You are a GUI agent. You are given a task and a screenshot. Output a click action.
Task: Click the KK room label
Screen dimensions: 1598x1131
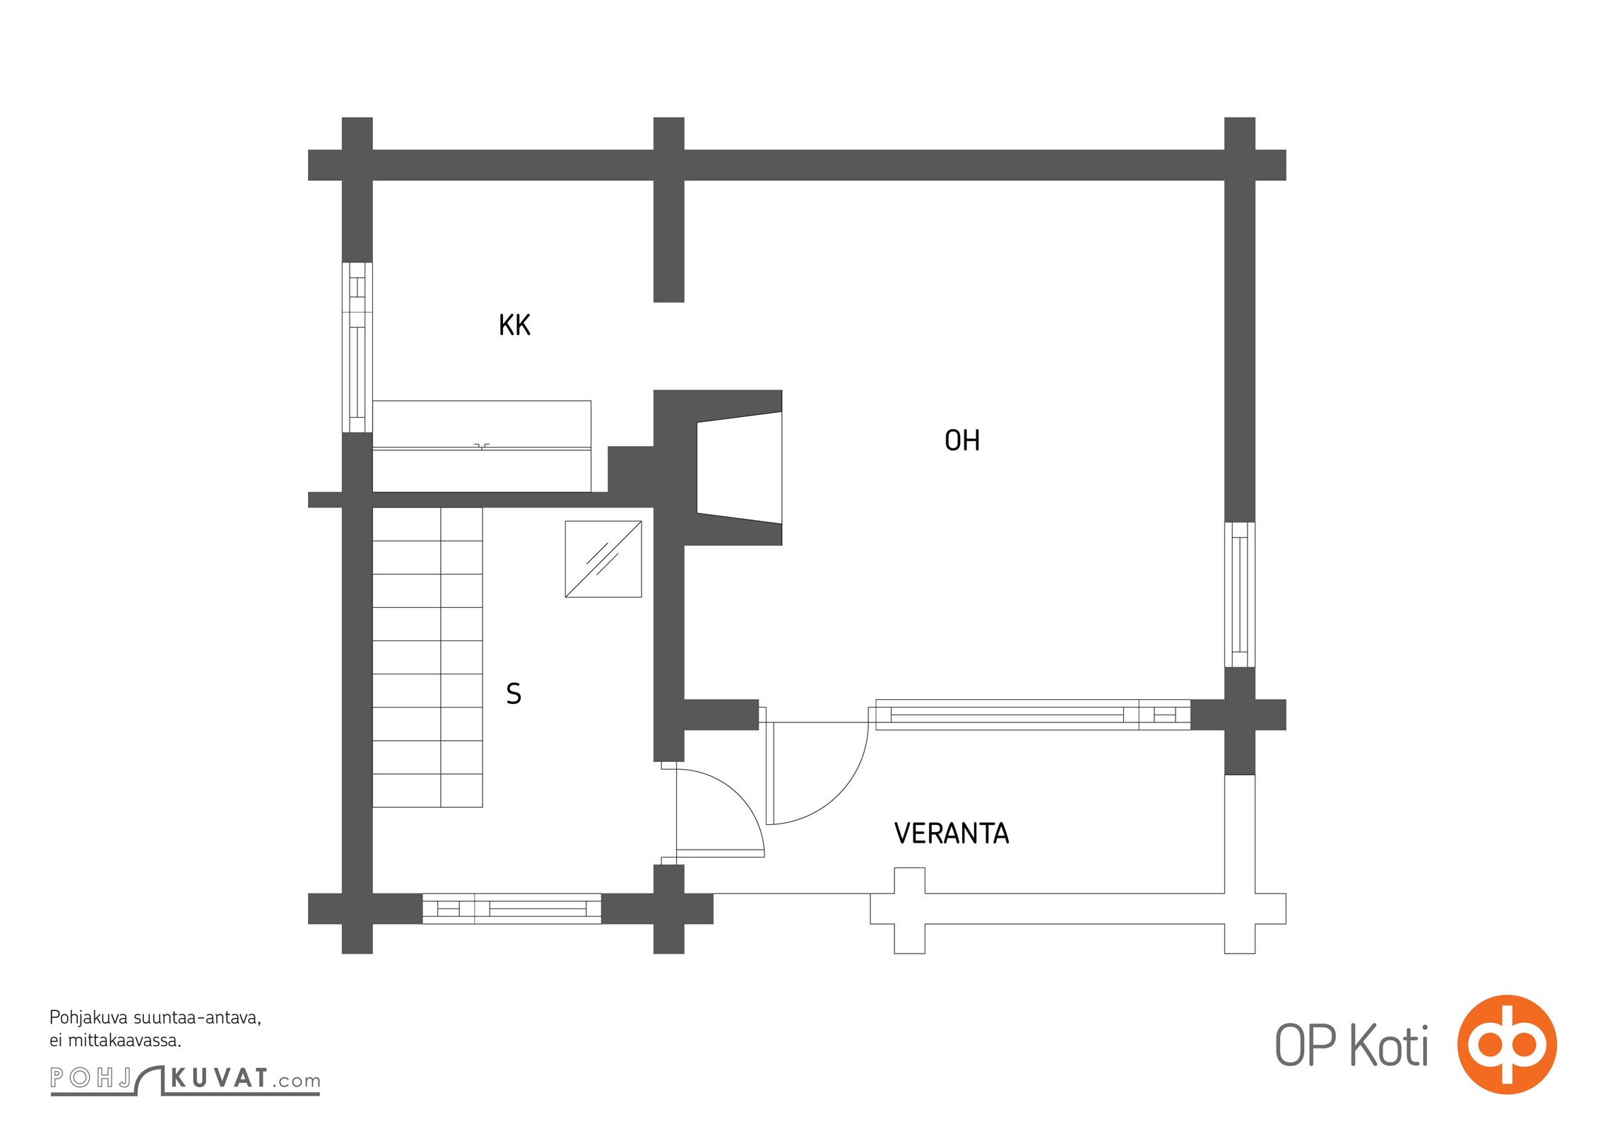[x=514, y=325]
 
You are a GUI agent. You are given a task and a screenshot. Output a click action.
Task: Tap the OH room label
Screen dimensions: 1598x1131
[x=962, y=440]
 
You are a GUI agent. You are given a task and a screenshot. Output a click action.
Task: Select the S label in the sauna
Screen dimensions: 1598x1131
[x=514, y=693]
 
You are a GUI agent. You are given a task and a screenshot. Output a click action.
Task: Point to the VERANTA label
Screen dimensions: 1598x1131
[x=952, y=833]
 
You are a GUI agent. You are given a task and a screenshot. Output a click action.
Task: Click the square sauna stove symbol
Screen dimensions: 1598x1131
[x=603, y=559]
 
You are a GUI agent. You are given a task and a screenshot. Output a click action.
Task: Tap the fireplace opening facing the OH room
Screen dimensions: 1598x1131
[x=740, y=467]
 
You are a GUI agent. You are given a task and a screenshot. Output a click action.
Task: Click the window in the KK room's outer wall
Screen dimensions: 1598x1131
[x=357, y=347]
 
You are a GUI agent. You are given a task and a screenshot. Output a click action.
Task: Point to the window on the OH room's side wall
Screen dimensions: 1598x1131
[x=1239, y=594]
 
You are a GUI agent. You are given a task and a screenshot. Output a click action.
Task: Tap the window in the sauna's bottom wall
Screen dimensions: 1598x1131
[x=511, y=908]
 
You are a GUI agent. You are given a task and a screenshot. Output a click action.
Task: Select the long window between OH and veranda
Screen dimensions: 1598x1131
[x=1033, y=715]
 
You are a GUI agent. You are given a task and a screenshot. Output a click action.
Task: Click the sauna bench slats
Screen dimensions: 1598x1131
[x=427, y=657]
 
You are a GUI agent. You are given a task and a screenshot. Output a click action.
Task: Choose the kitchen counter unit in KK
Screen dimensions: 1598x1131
[x=482, y=446]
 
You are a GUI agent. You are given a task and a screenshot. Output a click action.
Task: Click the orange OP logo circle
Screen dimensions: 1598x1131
[x=1507, y=1045]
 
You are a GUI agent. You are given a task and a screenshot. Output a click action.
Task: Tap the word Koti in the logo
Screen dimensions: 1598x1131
[x=1390, y=1045]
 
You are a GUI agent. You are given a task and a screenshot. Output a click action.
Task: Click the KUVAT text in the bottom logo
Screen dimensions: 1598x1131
[x=220, y=1079]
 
